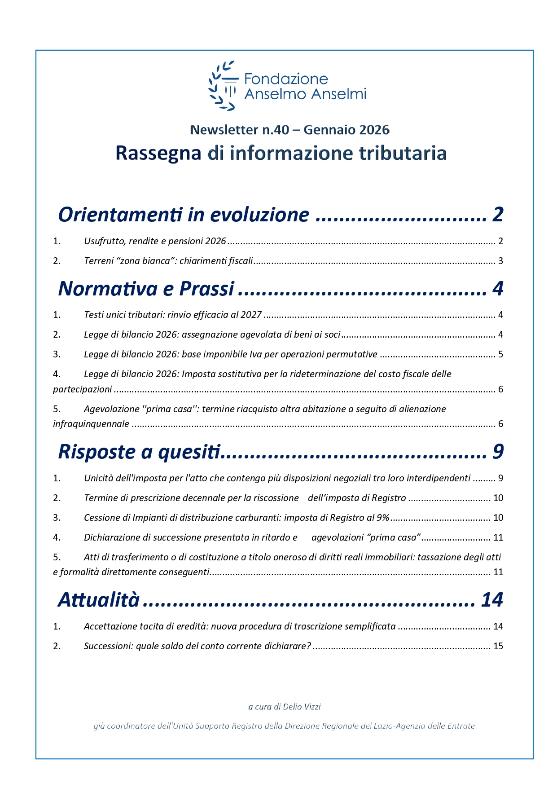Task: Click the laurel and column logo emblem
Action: pos(222,85)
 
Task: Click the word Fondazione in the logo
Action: pos(286,79)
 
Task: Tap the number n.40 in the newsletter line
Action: pos(276,130)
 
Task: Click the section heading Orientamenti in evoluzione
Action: pos(184,215)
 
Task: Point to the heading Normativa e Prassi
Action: pos(146,289)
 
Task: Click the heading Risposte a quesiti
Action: pos(140,452)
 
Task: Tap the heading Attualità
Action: pos(99,600)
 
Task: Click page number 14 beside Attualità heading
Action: pos(492,600)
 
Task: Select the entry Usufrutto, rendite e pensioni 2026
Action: pos(155,241)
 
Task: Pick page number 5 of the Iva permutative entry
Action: pos(500,354)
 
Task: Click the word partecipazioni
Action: pos(82,389)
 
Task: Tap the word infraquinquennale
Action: pos(91,424)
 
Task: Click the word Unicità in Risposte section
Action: pos(99,478)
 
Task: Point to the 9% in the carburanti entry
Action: pos(383,518)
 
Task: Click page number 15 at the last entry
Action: pos(498,646)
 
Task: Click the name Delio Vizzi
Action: pos(302,707)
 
